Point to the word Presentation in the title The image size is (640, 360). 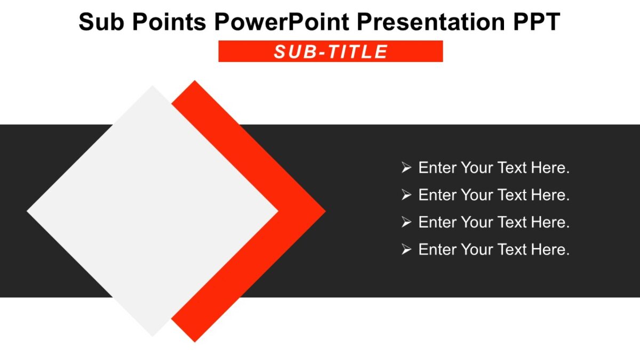point(427,22)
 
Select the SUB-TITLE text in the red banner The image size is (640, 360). point(331,52)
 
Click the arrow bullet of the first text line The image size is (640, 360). point(406,168)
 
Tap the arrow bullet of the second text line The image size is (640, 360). point(406,195)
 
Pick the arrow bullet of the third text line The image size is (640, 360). point(406,222)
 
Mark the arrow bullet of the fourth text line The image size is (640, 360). point(406,250)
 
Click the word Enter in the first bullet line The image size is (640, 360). point(437,168)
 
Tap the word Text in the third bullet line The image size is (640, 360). point(512,222)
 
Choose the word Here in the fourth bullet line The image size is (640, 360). point(548,250)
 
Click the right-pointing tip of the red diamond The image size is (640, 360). point(324,211)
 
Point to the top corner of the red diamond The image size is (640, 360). point(195,82)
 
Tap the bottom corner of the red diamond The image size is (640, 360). point(195,340)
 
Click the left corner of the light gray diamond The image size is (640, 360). point(29,211)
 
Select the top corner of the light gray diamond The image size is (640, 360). point(153,87)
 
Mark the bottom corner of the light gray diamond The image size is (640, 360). point(153,335)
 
